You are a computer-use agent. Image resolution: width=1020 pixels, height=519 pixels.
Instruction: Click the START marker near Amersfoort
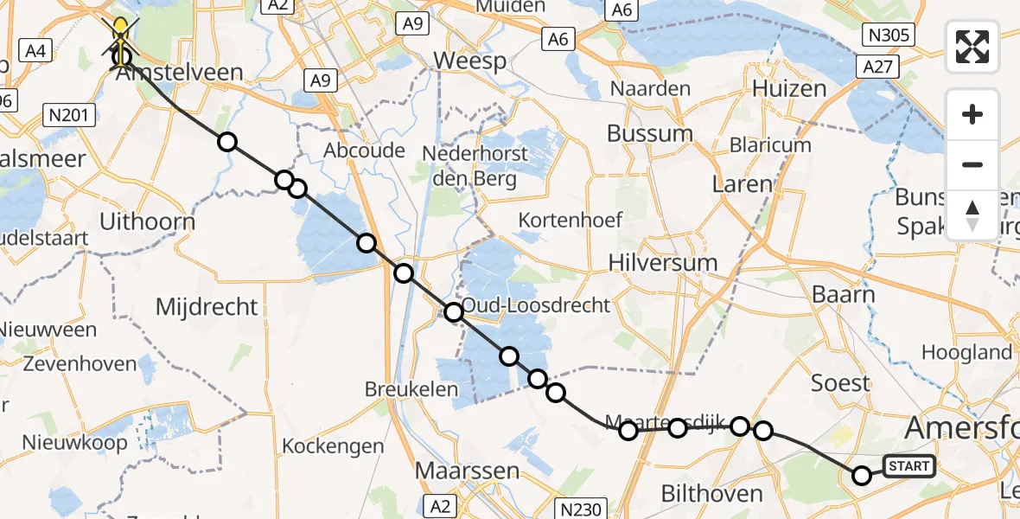pos(908,466)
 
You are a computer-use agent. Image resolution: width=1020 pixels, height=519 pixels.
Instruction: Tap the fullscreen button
pos(972,46)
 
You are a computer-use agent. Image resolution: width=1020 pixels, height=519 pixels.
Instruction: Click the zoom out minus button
pos(972,164)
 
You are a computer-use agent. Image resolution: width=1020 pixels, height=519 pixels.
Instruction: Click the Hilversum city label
pos(662,262)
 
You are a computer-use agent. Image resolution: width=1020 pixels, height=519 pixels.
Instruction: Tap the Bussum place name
pos(649,133)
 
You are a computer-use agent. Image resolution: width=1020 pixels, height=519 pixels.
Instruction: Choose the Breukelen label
pos(411,389)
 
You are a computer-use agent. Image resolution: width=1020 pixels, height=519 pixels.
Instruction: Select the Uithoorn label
pos(147,221)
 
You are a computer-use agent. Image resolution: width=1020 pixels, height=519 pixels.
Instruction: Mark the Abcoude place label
pos(364,151)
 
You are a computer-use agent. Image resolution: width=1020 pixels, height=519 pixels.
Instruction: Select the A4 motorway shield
pos(35,51)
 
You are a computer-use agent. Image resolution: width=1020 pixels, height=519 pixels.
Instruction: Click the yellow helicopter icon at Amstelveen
pos(120,33)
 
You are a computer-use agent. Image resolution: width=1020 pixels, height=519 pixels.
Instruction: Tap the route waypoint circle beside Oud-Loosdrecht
pos(454,312)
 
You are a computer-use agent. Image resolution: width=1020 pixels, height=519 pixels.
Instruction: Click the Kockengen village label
pos(333,446)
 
